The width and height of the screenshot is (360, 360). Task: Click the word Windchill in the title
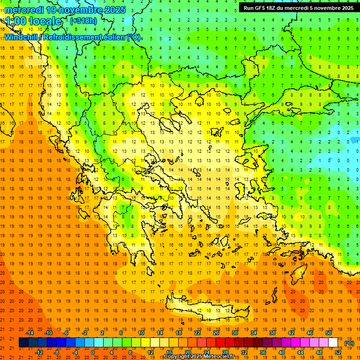click(x=22, y=37)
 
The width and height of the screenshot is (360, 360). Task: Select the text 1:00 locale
click(x=33, y=21)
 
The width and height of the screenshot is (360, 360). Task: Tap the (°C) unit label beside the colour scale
click(x=349, y=343)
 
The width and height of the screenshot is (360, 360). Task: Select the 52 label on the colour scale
click(x=338, y=352)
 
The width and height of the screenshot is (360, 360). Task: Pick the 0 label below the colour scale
click(x=93, y=352)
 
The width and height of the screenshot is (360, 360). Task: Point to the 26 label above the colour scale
click(x=216, y=333)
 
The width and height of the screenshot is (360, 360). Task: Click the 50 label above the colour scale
click(x=329, y=333)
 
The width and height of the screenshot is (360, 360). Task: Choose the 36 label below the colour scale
click(x=263, y=352)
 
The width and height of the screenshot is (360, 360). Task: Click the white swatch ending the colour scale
click(x=333, y=343)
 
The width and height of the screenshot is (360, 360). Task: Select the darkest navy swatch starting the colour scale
click(x=23, y=343)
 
